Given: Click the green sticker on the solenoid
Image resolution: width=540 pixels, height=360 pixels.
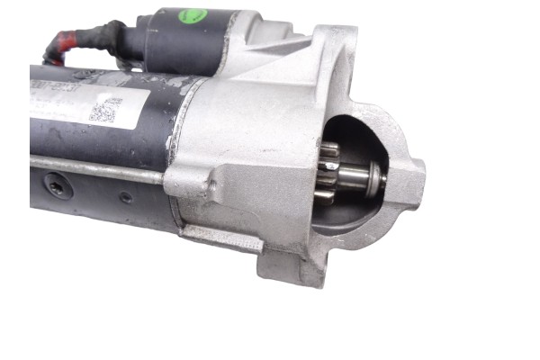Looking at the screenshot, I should (193, 15).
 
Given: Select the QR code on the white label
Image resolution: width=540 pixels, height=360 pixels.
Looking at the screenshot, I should (104, 111).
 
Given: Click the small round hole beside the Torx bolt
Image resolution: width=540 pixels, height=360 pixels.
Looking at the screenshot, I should (125, 196).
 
